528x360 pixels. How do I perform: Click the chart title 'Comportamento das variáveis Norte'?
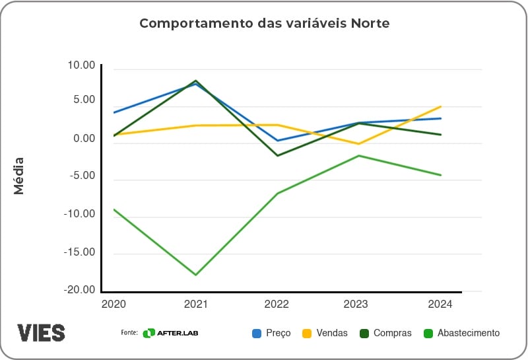(x=264, y=24)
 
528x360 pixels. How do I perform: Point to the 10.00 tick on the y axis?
(x=81, y=65)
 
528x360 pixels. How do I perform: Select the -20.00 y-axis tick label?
(x=79, y=290)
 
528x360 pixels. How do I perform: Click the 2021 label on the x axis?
(x=196, y=305)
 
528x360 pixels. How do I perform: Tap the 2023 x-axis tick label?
(x=358, y=305)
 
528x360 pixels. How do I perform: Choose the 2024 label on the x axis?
(x=440, y=305)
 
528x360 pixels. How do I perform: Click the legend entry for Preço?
(x=271, y=333)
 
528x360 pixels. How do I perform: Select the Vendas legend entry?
(x=325, y=333)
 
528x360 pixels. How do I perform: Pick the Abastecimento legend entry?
(x=461, y=333)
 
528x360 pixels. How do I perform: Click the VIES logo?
(x=41, y=332)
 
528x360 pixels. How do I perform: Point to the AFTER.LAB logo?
(x=170, y=333)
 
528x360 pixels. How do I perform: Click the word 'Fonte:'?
(x=129, y=333)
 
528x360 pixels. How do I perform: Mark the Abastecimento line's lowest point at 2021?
(x=196, y=275)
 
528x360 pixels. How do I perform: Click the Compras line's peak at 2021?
(x=196, y=81)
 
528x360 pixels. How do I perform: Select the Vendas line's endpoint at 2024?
(x=440, y=106)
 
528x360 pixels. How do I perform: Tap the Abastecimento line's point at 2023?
(x=358, y=155)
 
